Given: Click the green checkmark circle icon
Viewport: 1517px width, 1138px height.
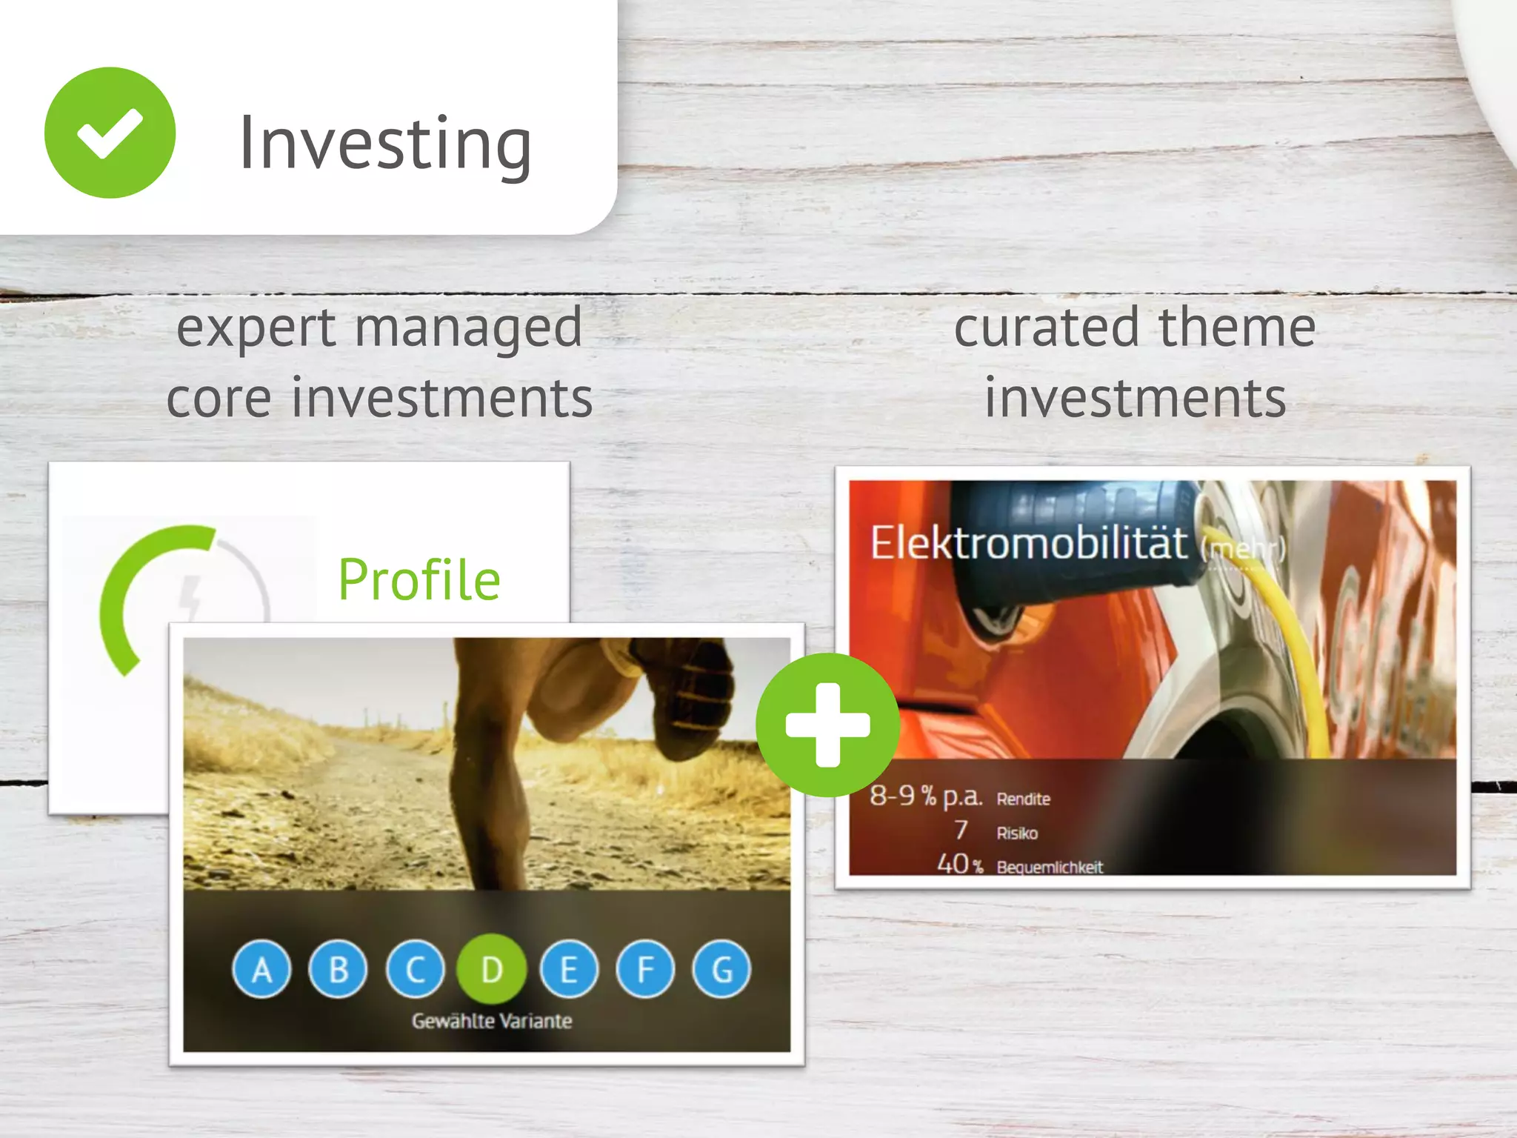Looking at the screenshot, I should [110, 133].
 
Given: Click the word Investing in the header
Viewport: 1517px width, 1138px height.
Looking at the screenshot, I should [385, 143].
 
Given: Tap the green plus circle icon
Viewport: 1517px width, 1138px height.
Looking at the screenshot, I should [827, 725].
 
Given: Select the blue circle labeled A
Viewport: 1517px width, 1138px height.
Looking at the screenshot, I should [261, 969].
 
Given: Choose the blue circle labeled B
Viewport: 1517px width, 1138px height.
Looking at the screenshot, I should [339, 969].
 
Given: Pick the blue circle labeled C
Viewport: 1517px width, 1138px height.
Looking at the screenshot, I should [416, 969].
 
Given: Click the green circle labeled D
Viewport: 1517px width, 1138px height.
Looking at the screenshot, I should [492, 969].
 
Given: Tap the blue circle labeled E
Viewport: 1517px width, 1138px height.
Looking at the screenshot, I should [569, 969].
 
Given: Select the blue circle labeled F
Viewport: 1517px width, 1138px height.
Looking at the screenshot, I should [645, 969].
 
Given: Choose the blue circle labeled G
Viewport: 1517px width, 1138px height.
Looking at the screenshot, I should [721, 969].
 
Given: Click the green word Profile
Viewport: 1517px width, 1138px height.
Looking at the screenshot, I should [419, 579].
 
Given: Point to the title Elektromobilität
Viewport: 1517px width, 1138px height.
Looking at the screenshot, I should [1028, 543].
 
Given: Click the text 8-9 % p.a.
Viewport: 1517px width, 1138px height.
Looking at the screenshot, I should [926, 796].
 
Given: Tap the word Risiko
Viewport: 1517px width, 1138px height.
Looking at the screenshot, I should [1017, 833].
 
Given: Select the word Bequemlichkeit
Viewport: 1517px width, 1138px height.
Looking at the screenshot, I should [1050, 867].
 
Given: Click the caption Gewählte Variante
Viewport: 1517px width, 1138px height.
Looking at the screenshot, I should [492, 1021].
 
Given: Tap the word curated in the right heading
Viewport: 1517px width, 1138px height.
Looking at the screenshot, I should [1047, 327].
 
